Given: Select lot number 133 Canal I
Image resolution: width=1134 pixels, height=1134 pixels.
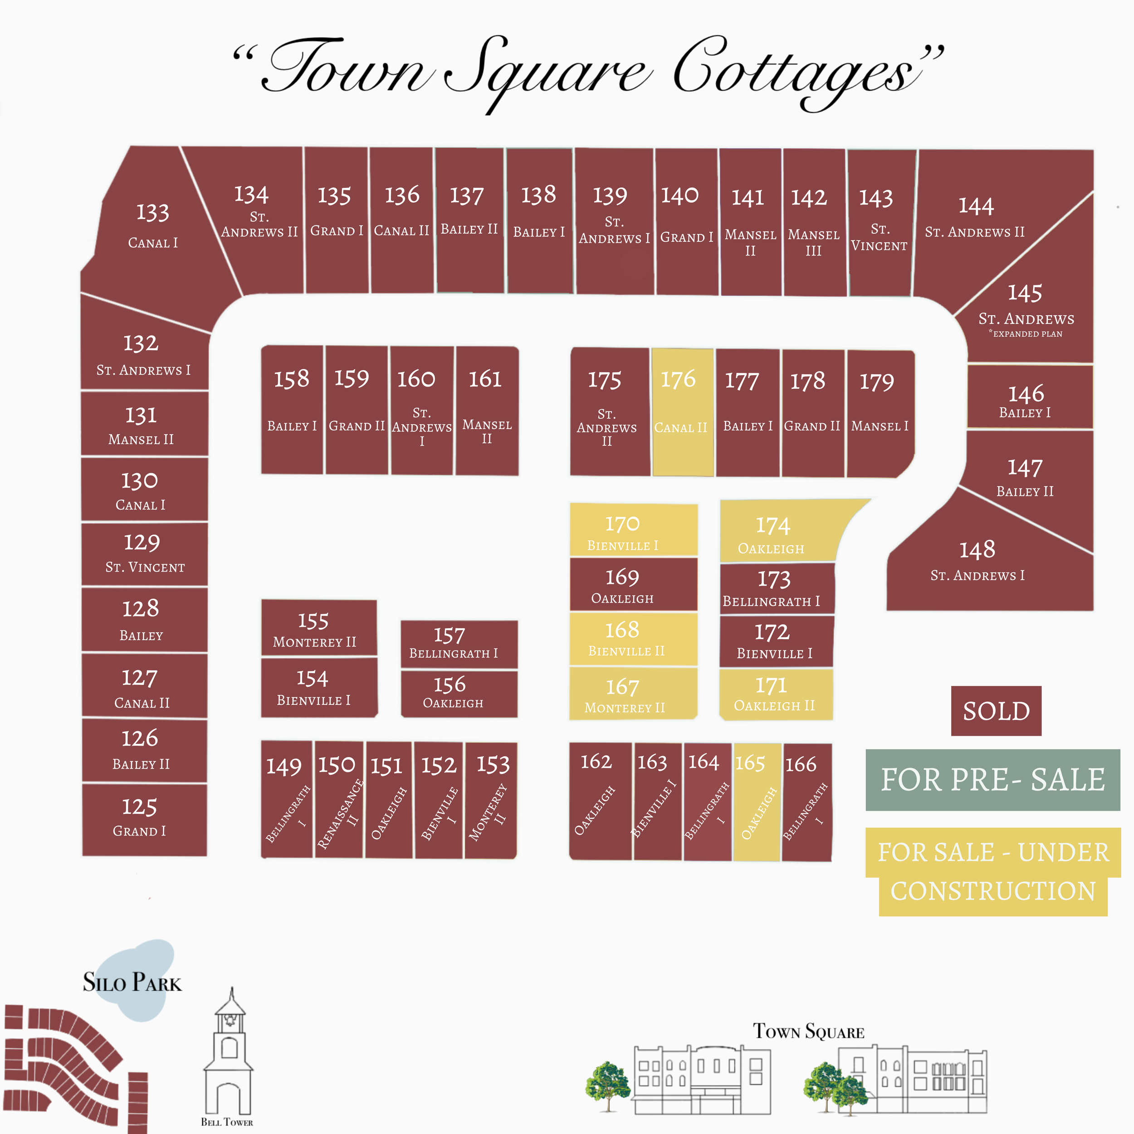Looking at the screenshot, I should pos(154,226).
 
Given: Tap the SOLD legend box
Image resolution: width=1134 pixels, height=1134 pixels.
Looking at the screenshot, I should pos(996,710).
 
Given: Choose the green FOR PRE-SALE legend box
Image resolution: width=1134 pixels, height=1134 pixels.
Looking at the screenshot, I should pos(992,779).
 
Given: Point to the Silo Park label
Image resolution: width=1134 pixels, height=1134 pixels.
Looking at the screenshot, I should pos(132,982).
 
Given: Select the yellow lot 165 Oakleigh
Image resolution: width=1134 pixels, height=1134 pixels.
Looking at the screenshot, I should pos(757,801).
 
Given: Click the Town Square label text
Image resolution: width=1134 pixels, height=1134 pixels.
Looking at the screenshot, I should pos(808,1032).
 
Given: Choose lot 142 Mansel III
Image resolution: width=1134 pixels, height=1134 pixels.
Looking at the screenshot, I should pos(813,223).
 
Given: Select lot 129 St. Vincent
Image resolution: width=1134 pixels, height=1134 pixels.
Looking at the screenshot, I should pos(144,553).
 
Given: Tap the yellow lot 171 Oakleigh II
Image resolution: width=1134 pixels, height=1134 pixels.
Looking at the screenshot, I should pos(775,694).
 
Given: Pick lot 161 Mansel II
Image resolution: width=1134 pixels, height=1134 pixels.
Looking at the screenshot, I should pos(487,411).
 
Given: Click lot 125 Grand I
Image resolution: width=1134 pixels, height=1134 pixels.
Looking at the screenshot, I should pos(144,819).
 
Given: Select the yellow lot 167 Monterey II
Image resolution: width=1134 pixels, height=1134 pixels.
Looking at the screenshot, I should pos(633,694).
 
